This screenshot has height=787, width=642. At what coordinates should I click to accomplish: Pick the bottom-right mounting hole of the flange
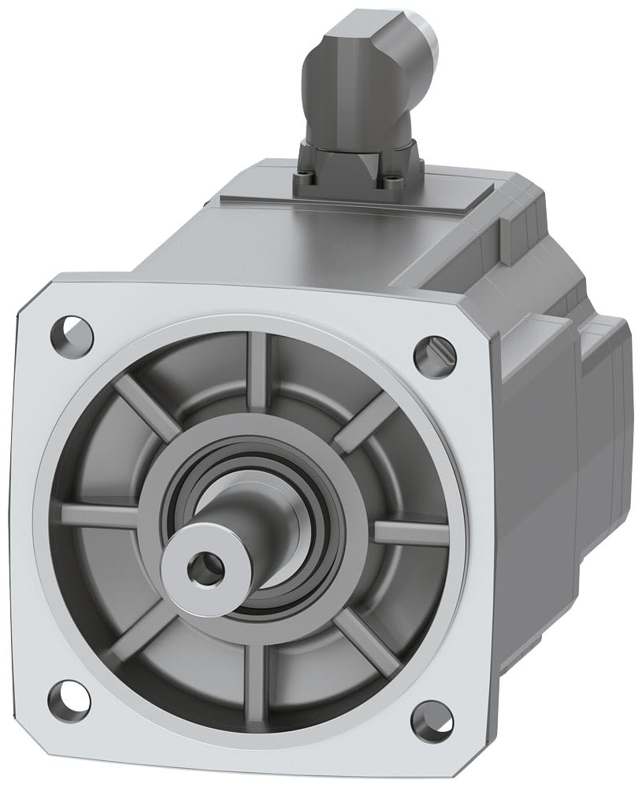(x=432, y=717)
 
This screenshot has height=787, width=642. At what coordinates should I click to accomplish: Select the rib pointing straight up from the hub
(x=258, y=371)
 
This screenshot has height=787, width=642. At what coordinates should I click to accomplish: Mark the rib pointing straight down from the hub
(x=255, y=673)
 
